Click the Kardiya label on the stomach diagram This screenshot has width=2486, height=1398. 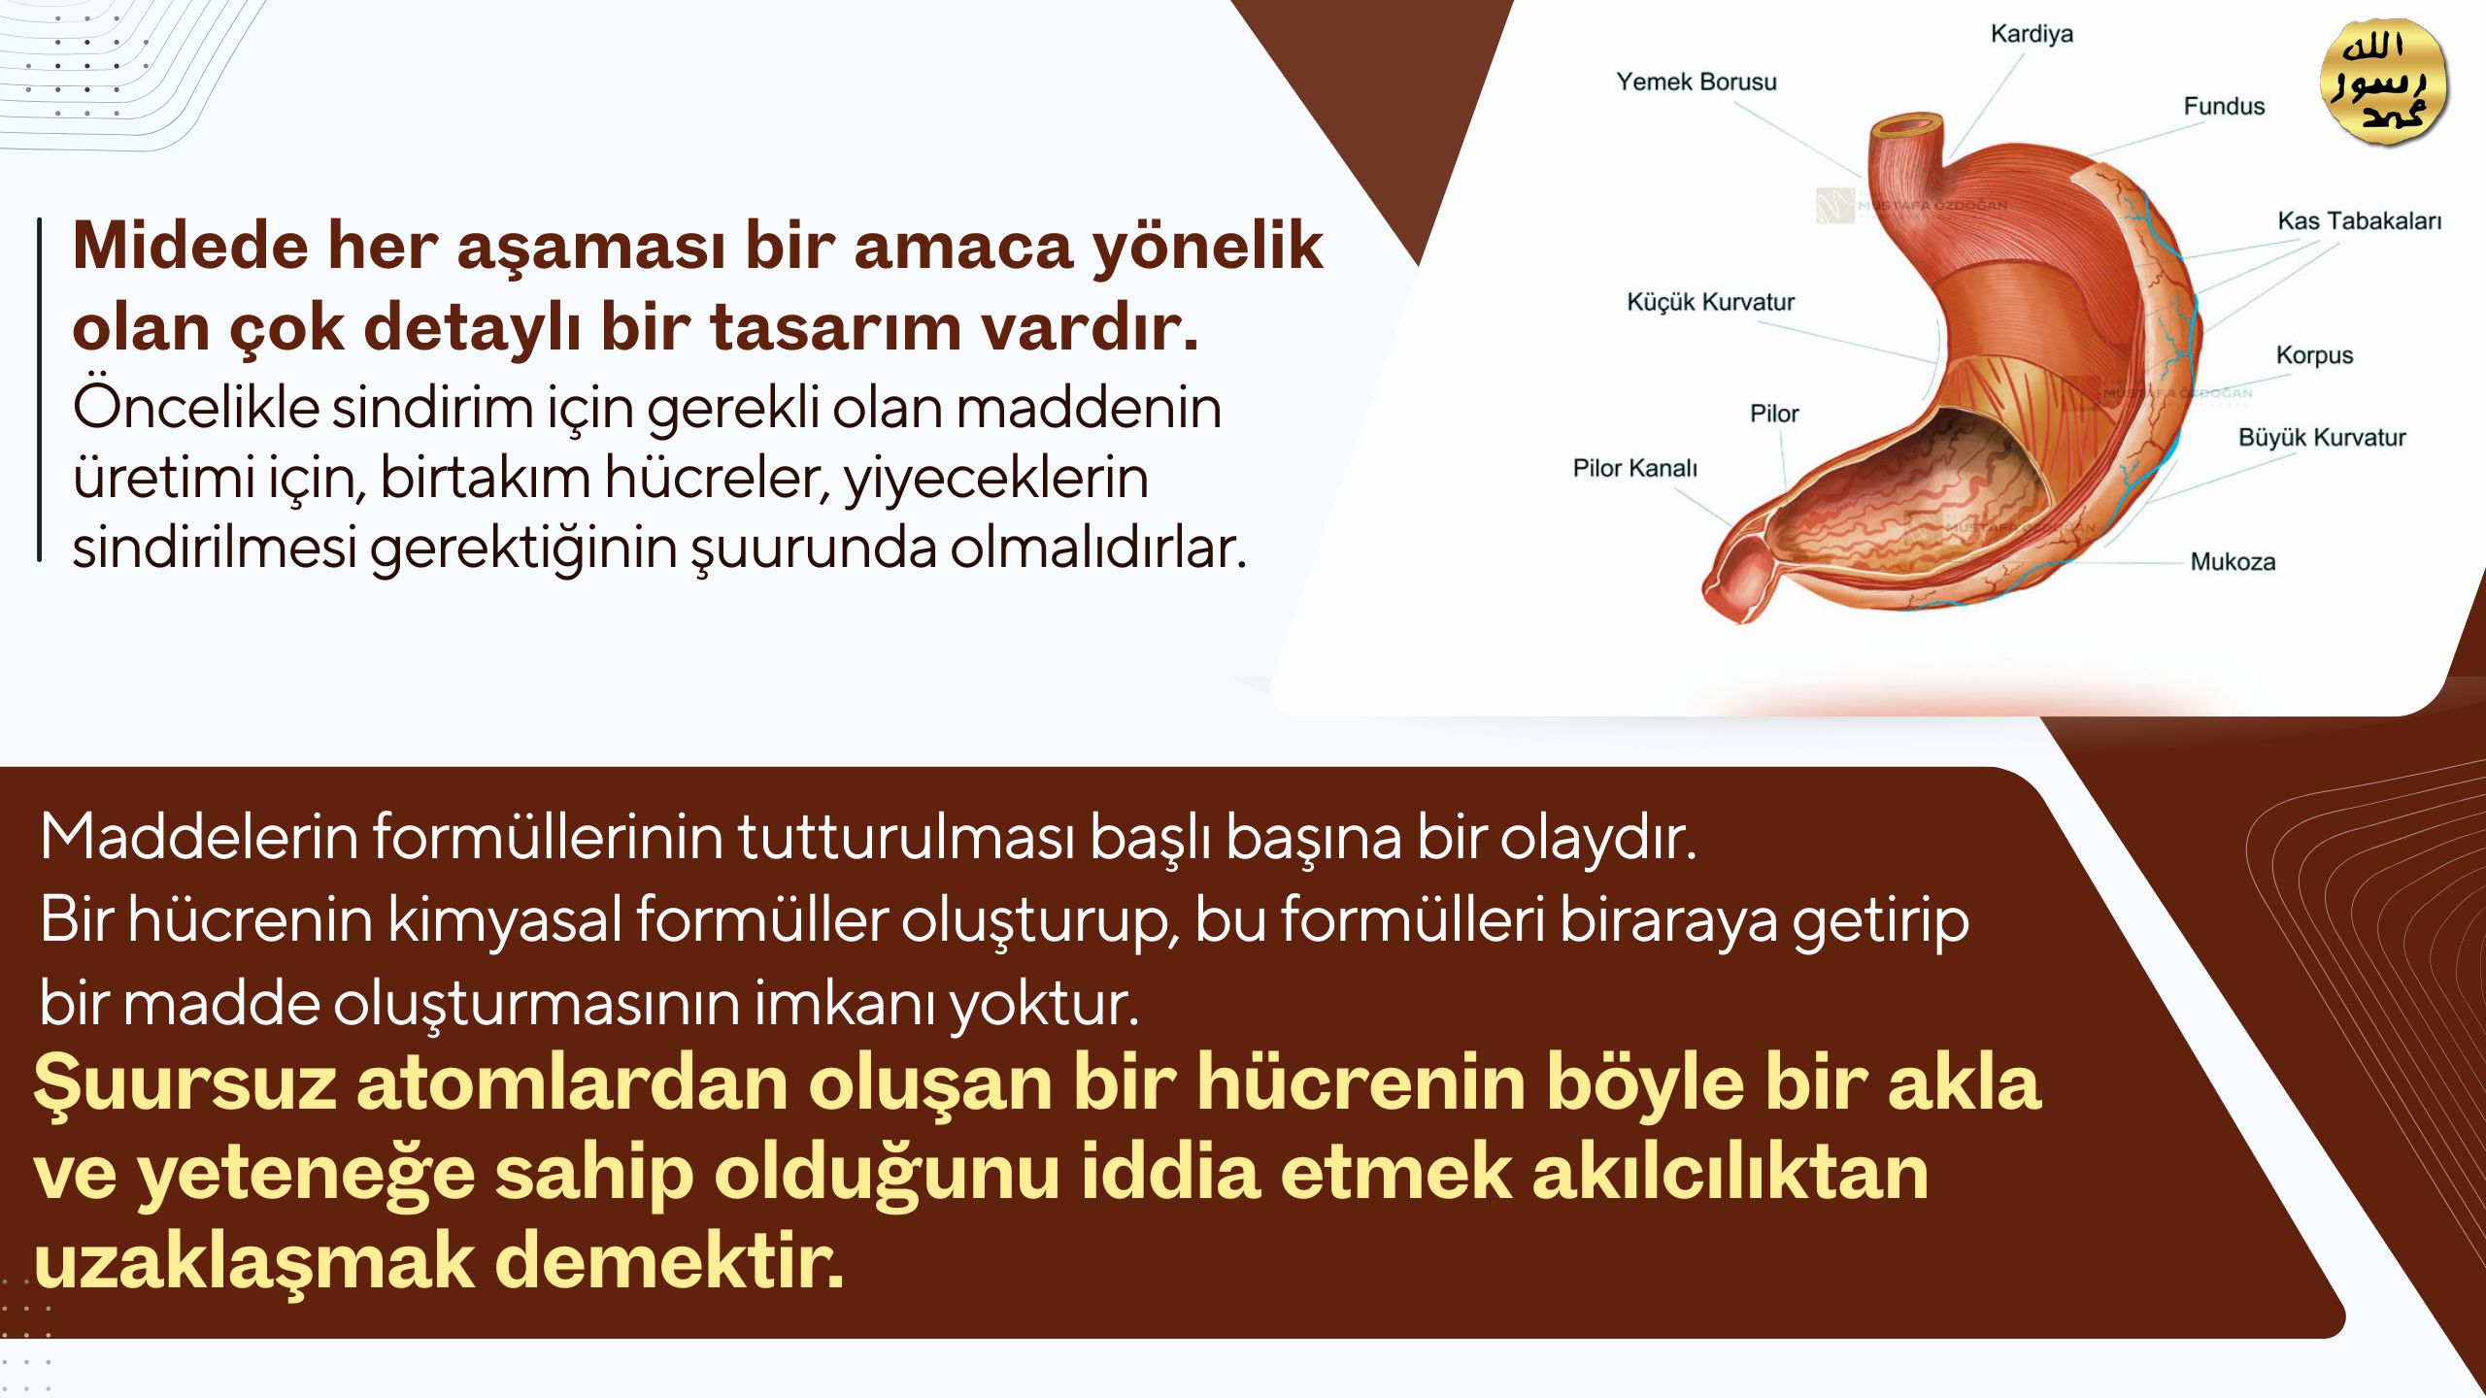(x=2032, y=34)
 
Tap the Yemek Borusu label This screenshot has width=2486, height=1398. (x=1697, y=82)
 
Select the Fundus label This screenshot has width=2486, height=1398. (x=2224, y=106)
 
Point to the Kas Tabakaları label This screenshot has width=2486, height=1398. (x=2360, y=221)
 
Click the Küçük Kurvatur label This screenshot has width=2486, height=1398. (x=1711, y=302)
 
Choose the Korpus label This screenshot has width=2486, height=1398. (x=2315, y=355)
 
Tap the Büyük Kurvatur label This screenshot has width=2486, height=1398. (x=2322, y=438)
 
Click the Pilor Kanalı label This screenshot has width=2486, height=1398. (x=1635, y=468)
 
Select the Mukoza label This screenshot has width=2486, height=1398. (x=2233, y=562)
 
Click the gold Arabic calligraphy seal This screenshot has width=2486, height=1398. (x=2384, y=83)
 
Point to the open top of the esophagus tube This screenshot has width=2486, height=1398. (x=1908, y=125)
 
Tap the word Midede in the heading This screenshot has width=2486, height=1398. (x=190, y=245)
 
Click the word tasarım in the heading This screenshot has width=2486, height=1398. (x=835, y=327)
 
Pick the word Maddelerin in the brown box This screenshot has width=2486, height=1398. (x=200, y=837)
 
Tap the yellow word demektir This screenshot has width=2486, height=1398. (x=670, y=1262)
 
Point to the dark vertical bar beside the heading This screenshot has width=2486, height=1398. (x=40, y=388)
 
